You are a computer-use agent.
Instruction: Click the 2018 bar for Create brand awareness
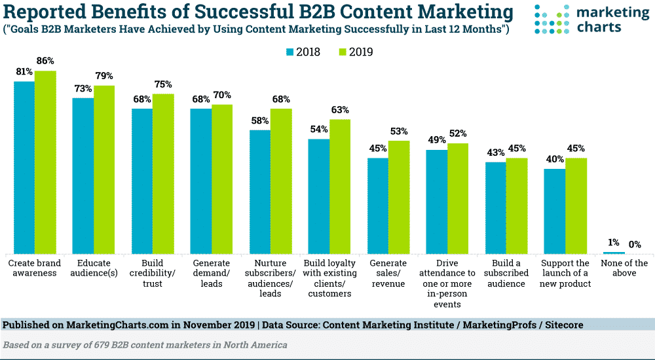pos(24,167)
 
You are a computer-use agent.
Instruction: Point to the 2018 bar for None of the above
pos(614,253)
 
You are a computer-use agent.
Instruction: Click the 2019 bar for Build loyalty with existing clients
pos(340,186)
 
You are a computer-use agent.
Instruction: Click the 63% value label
pos(340,110)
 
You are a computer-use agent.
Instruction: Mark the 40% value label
pos(555,159)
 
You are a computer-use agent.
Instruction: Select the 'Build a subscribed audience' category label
pos(506,274)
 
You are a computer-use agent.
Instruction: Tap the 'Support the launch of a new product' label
pos(565,274)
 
